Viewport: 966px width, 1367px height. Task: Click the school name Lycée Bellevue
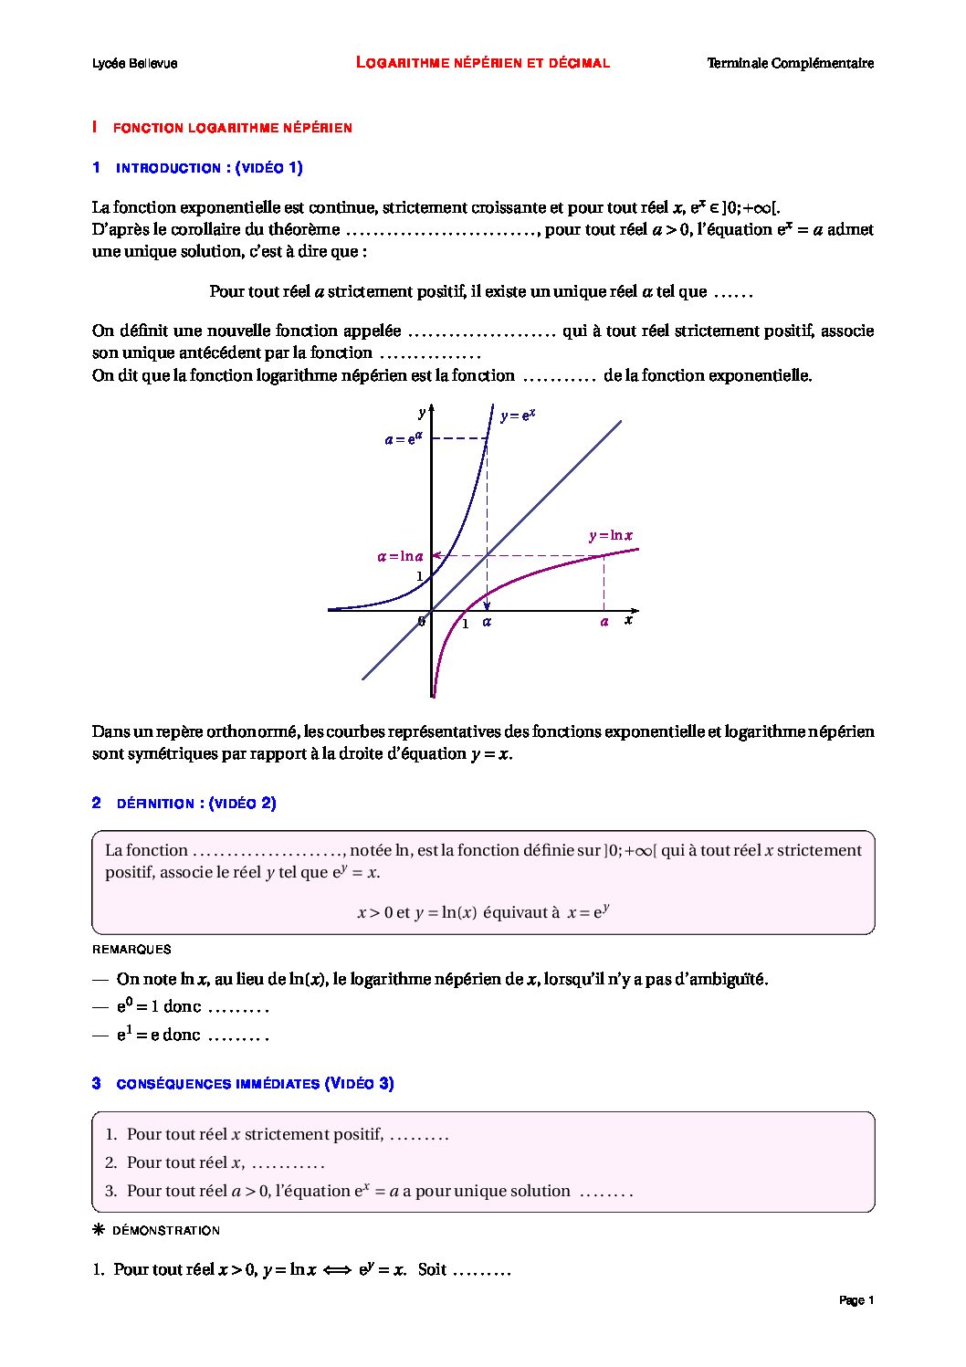coord(134,63)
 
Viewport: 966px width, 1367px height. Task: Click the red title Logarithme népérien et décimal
coord(482,62)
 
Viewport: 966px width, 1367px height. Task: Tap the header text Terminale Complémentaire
coord(790,63)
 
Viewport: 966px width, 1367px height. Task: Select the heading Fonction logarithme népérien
coord(232,128)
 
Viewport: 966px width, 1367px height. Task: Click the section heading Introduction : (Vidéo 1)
coord(209,168)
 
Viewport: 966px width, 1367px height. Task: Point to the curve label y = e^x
coord(518,415)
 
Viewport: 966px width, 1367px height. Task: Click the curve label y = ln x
coord(611,536)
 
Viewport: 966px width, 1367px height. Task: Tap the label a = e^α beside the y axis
coord(404,438)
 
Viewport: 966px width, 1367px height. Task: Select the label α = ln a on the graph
coord(401,556)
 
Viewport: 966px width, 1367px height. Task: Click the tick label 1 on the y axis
coord(420,576)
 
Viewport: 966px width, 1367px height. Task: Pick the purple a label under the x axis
coord(604,622)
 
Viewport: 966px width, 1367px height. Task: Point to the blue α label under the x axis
coord(487,622)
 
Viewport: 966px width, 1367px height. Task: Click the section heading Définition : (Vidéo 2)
coord(196,804)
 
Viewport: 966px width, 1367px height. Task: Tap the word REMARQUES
coord(131,949)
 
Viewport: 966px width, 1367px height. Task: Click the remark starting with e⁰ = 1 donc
coord(192,1007)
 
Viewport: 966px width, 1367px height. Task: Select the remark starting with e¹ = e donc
coord(192,1036)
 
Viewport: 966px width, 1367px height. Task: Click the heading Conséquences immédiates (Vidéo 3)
coord(255,1084)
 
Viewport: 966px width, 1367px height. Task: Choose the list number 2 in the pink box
coord(110,1162)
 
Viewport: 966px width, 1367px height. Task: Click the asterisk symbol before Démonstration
coord(100,1230)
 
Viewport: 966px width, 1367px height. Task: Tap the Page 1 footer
coord(856,1300)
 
